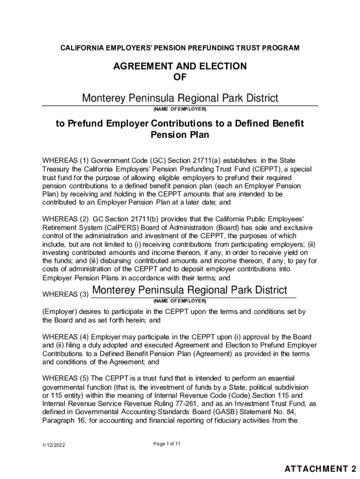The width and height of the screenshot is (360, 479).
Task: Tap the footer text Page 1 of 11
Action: (167, 444)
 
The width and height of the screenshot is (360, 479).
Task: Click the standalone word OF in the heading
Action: (180, 78)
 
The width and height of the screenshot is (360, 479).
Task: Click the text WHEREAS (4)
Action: (65, 337)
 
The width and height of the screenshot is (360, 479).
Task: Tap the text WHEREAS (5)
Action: (65, 378)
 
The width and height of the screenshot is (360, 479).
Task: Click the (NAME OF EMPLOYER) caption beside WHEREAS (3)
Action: (180, 300)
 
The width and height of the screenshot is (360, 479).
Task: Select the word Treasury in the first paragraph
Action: (56, 169)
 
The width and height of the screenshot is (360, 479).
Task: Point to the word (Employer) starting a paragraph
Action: (58, 312)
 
